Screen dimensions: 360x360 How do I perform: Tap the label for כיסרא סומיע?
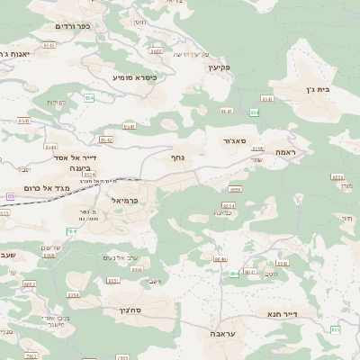[135, 77]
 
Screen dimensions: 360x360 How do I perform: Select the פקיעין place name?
[219, 67]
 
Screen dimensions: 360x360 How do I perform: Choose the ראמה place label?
[287, 152]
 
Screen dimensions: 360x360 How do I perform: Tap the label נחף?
[178, 157]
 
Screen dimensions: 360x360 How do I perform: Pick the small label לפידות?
[57, 102]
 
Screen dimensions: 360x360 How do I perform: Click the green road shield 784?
[71, 231]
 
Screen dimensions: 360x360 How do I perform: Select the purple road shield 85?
[10, 195]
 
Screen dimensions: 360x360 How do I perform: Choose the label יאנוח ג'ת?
[14, 54]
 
